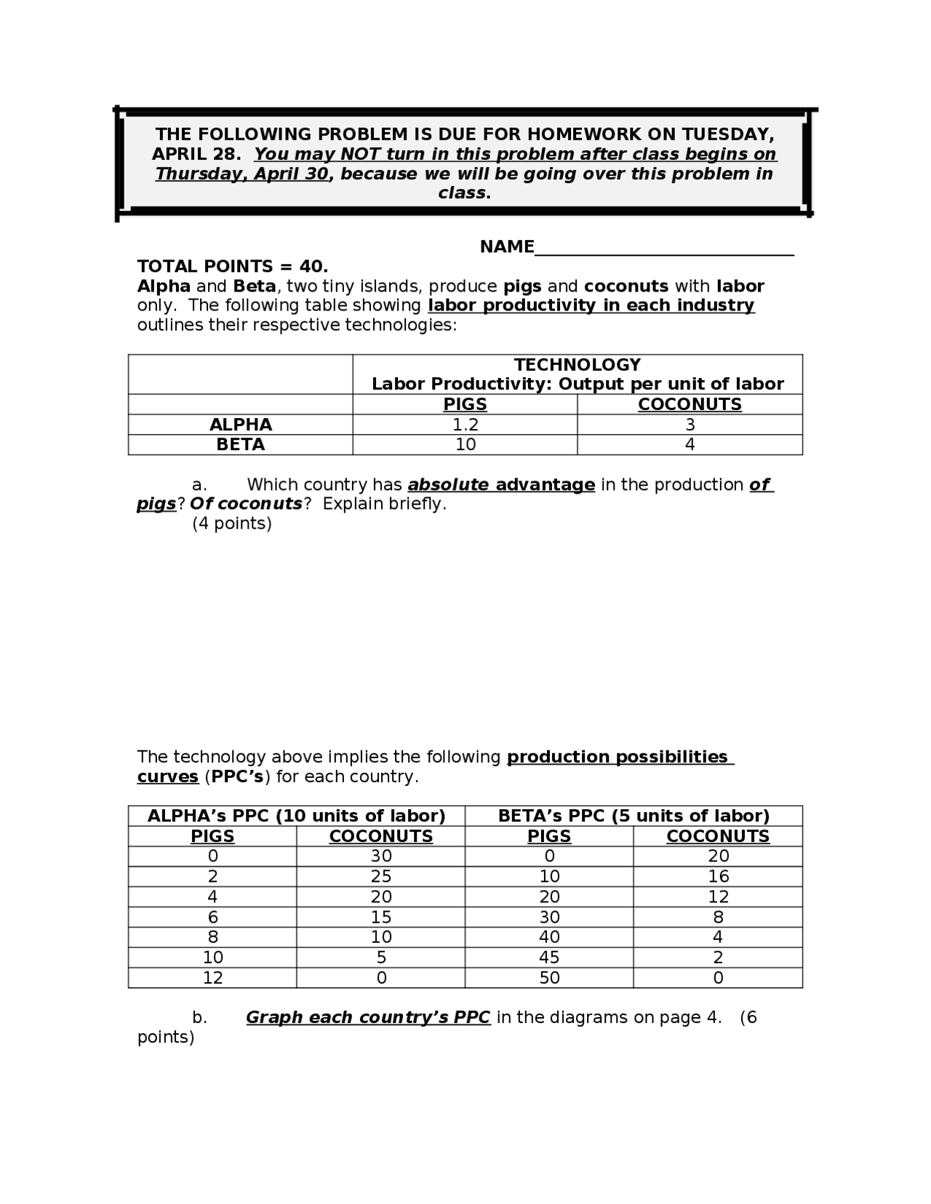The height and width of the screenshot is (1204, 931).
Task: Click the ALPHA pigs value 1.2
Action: (x=465, y=425)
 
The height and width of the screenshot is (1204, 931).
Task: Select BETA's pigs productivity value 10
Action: (x=465, y=445)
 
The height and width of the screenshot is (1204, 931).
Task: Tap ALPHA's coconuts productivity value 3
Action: (x=690, y=425)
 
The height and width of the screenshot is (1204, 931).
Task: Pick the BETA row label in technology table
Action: (x=240, y=445)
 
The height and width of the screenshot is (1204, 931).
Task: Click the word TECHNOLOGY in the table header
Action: (x=578, y=364)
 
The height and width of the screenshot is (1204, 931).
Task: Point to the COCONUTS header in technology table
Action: (x=690, y=405)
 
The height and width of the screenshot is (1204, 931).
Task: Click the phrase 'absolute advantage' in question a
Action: (x=501, y=485)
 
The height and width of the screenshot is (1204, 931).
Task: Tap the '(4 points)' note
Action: (x=231, y=523)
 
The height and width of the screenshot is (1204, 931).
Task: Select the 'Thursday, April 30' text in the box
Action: (x=241, y=174)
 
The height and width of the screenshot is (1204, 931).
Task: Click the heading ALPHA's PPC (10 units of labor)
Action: (x=296, y=816)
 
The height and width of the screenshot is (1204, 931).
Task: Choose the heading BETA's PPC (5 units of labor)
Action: (x=634, y=816)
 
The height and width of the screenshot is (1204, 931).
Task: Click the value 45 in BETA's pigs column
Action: (x=549, y=958)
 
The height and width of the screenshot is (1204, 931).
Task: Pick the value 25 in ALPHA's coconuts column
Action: (x=381, y=877)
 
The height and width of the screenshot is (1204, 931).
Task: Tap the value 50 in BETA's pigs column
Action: (x=549, y=978)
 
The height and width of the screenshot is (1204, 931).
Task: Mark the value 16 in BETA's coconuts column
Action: (x=718, y=877)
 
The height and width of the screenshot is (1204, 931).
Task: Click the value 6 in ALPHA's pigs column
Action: (x=212, y=918)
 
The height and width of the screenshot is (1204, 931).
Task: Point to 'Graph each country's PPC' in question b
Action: (x=368, y=1017)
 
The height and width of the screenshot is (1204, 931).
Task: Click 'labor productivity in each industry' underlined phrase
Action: (x=591, y=305)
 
